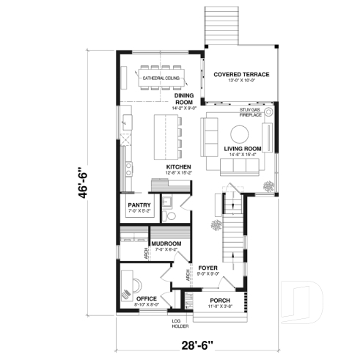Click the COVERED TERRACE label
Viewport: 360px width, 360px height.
click(x=241, y=75)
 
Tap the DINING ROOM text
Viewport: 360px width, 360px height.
click(x=183, y=99)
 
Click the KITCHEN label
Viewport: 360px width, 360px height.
click(x=178, y=167)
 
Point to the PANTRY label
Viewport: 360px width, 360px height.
click(x=139, y=205)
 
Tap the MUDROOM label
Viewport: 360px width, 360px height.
click(x=166, y=243)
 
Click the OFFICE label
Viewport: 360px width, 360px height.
click(x=147, y=299)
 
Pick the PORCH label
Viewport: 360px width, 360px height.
click(x=220, y=301)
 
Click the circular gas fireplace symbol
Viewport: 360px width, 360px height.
click(x=268, y=112)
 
